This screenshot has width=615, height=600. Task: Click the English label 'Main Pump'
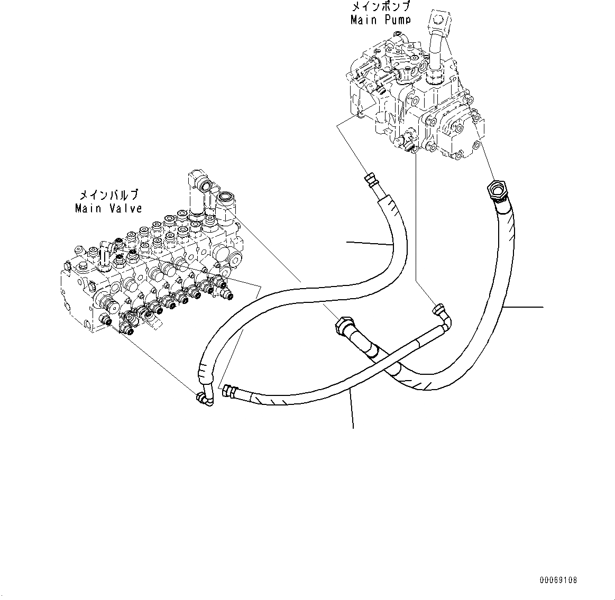[x=380, y=20]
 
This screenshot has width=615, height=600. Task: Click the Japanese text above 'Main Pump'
[x=380, y=7]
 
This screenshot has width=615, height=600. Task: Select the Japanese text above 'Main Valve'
[x=108, y=195]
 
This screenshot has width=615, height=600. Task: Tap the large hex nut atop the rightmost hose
[x=496, y=189]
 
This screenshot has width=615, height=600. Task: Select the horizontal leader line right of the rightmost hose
[x=524, y=307]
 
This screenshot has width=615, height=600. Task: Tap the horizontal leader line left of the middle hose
[x=369, y=244]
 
